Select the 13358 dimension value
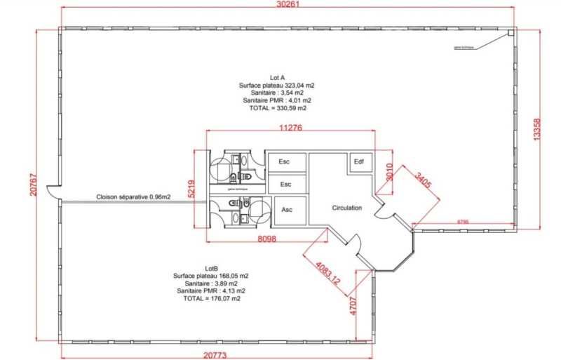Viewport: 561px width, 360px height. (x=536, y=130)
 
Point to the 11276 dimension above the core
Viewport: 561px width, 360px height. (x=290, y=128)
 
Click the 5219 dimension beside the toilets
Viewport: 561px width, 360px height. (x=191, y=189)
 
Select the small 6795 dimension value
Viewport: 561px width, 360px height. (x=464, y=222)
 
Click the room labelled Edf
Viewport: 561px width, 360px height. (x=359, y=162)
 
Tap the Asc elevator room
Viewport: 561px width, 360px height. (x=286, y=209)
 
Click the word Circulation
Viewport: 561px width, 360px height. (x=346, y=208)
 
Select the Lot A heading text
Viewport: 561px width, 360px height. (x=278, y=77)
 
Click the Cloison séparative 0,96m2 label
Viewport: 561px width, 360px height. (x=133, y=197)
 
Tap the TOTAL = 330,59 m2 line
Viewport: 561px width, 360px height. (x=278, y=108)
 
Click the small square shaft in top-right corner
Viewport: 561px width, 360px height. (x=511, y=32)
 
